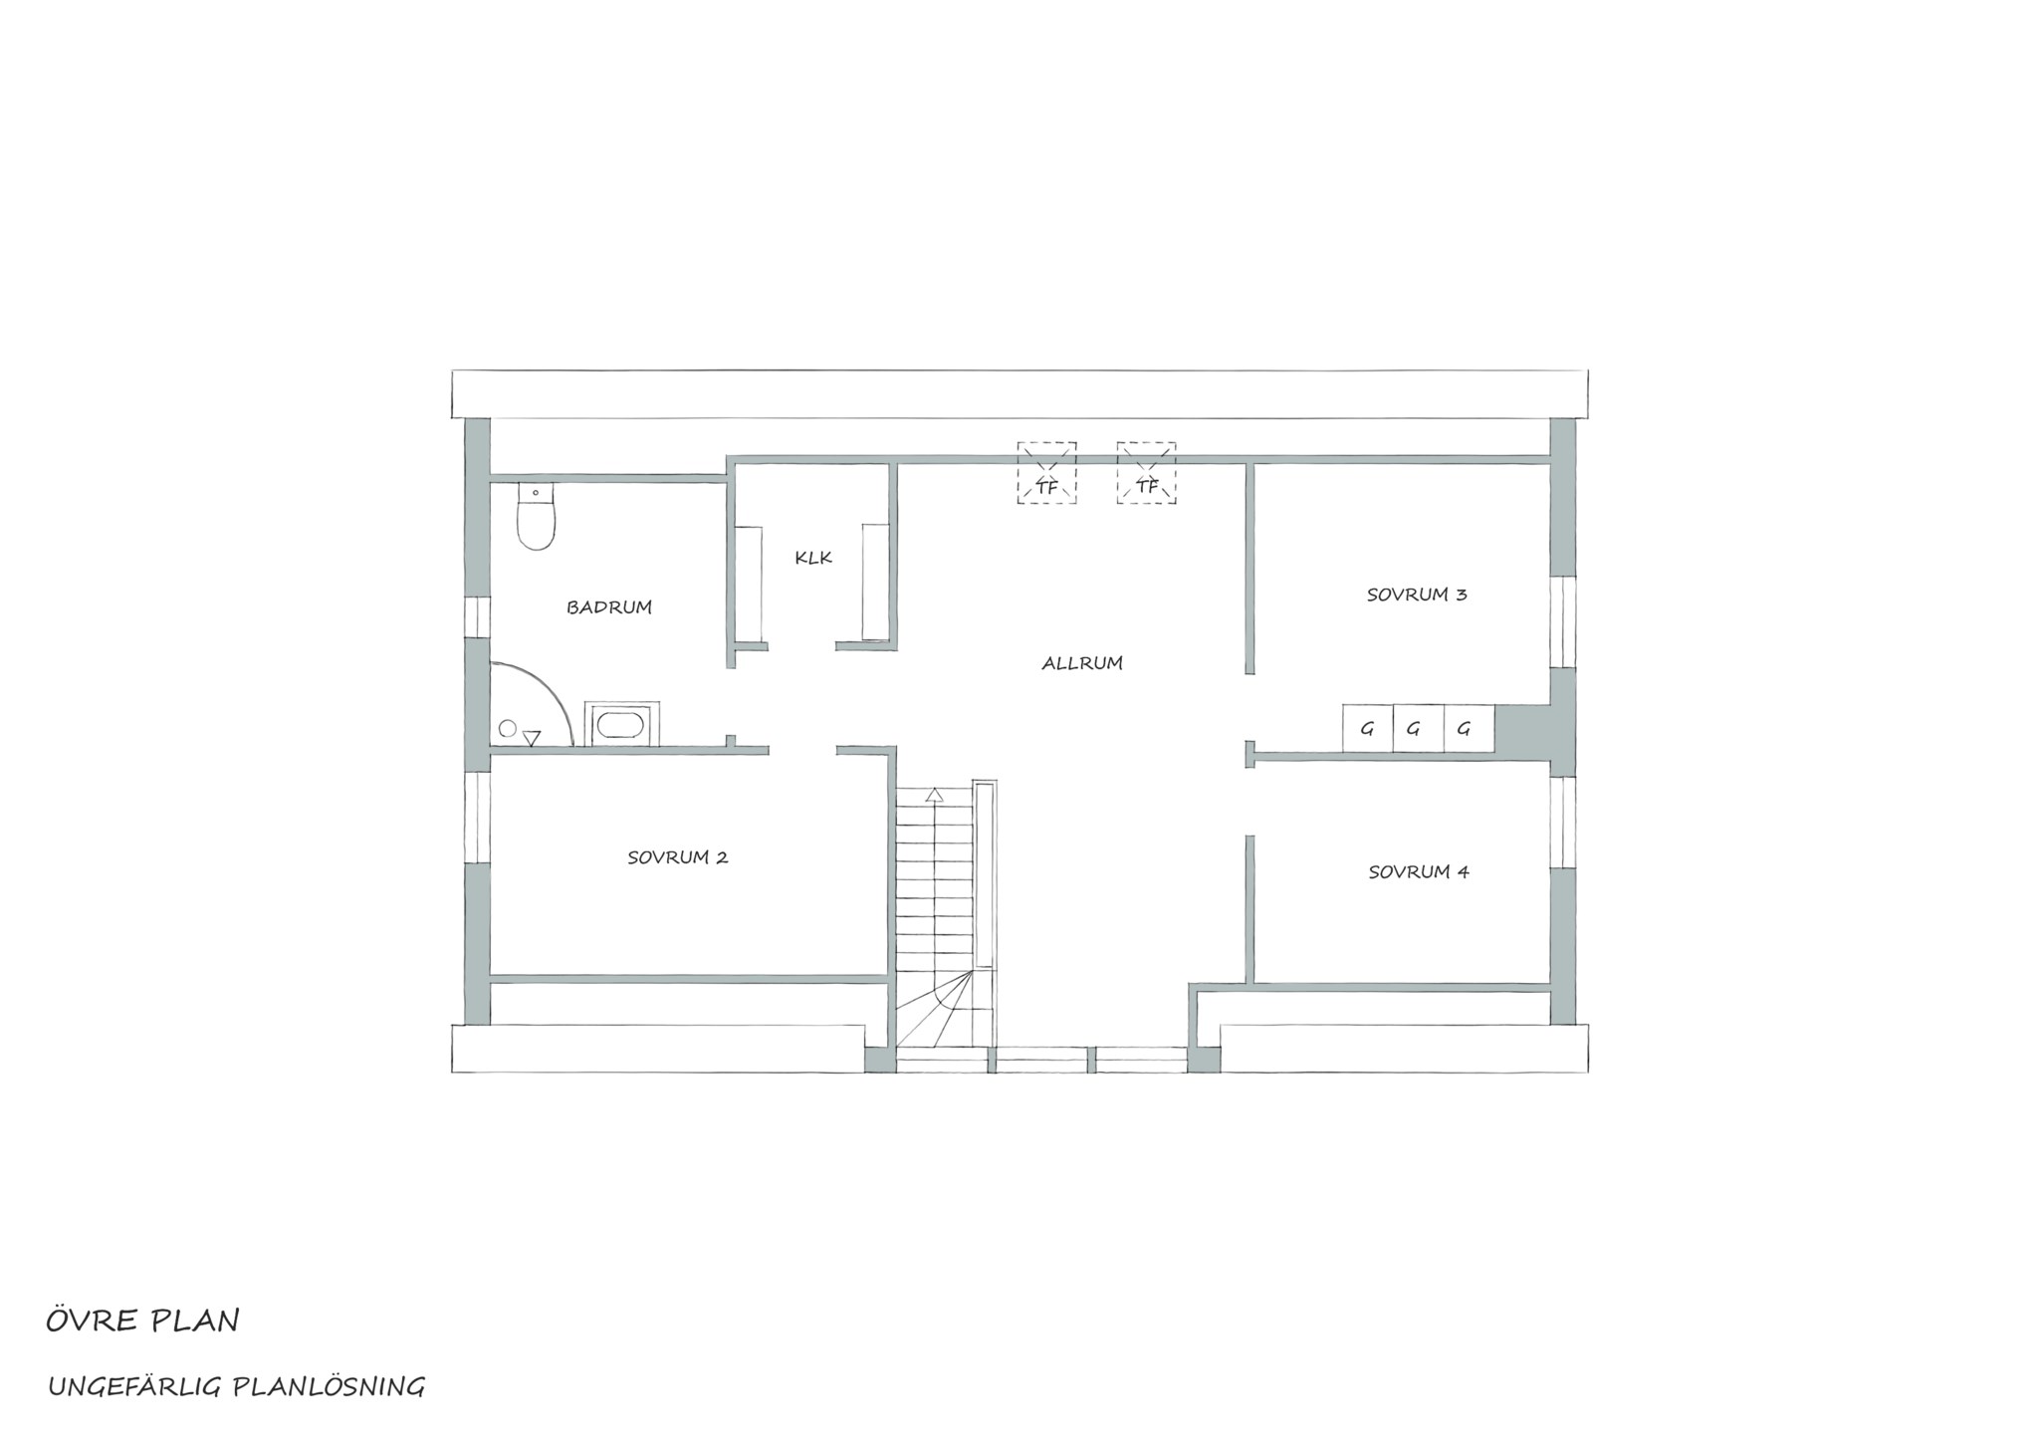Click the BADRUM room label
pyautogui.click(x=609, y=606)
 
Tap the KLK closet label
pyautogui.click(x=813, y=558)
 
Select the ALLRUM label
pyautogui.click(x=1082, y=663)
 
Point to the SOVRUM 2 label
pyautogui.click(x=678, y=857)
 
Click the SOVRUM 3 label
pyautogui.click(x=1417, y=596)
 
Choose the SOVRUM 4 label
pyautogui.click(x=1419, y=872)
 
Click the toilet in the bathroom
pyautogui.click(x=536, y=517)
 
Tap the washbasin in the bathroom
pyautogui.click(x=621, y=723)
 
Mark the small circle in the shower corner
pyautogui.click(x=508, y=729)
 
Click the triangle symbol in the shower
pyautogui.click(x=532, y=738)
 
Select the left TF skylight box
pyautogui.click(x=1046, y=473)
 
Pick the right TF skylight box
pyautogui.click(x=1146, y=473)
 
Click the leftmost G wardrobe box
pyautogui.click(x=1367, y=729)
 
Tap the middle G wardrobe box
pyautogui.click(x=1417, y=729)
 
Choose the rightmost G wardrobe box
pyautogui.click(x=1469, y=729)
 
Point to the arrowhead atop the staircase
pyautogui.click(x=934, y=795)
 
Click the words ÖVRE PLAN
pyautogui.click(x=142, y=1322)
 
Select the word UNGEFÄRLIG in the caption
pyautogui.click(x=136, y=1386)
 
